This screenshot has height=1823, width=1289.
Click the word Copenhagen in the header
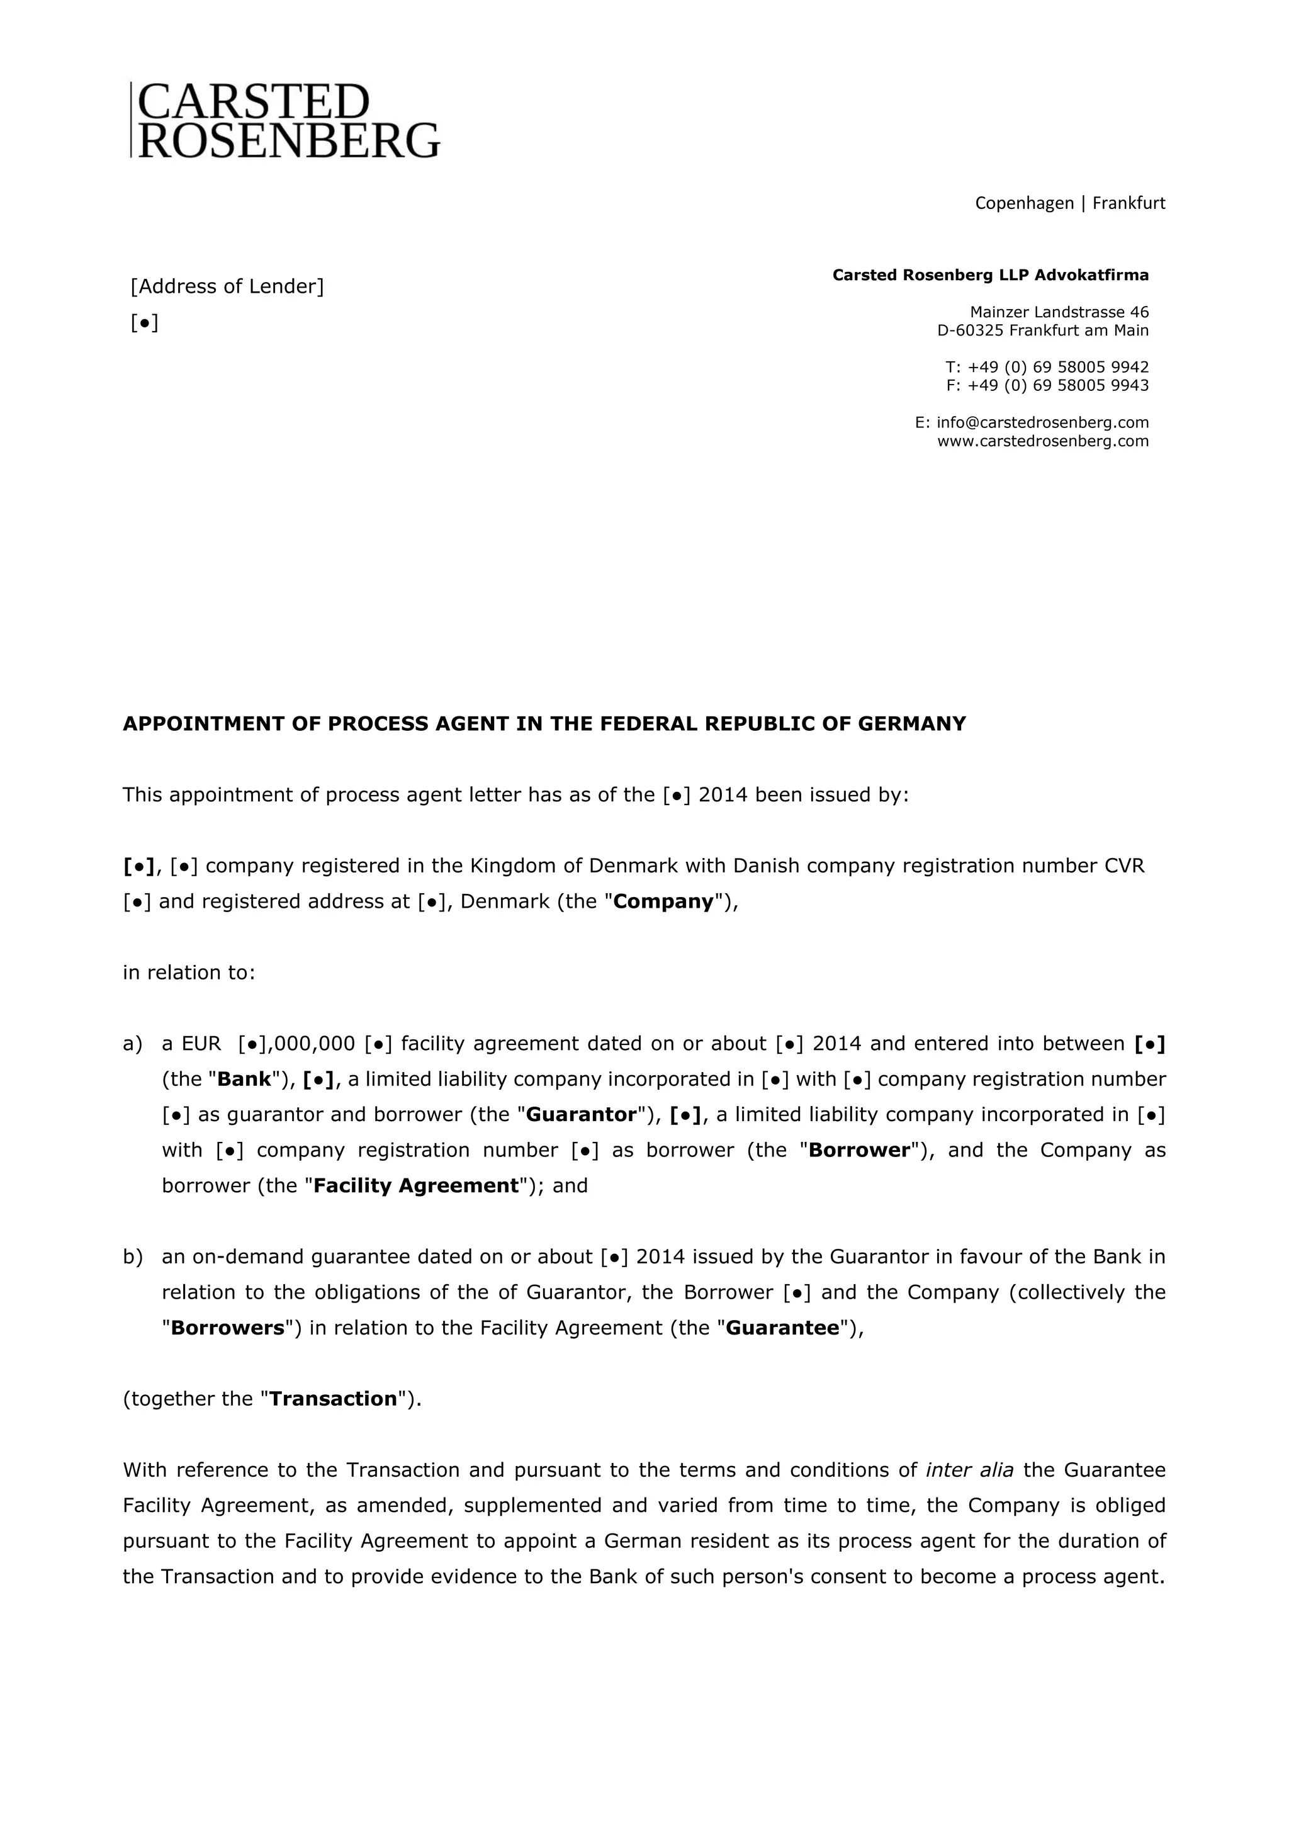[1024, 203]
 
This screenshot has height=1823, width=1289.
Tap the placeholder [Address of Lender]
[227, 286]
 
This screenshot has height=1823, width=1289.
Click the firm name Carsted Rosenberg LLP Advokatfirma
[990, 276]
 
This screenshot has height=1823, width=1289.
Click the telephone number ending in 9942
[1058, 367]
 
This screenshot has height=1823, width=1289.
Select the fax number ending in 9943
[1058, 385]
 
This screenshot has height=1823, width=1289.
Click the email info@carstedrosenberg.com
[1042, 422]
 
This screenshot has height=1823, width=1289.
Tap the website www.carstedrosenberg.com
[1042, 441]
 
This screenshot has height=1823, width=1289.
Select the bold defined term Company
[663, 901]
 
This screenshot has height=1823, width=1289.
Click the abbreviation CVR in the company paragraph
[1125, 866]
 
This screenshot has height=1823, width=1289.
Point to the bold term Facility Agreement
[416, 1185]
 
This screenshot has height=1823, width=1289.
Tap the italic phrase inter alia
[969, 1470]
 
